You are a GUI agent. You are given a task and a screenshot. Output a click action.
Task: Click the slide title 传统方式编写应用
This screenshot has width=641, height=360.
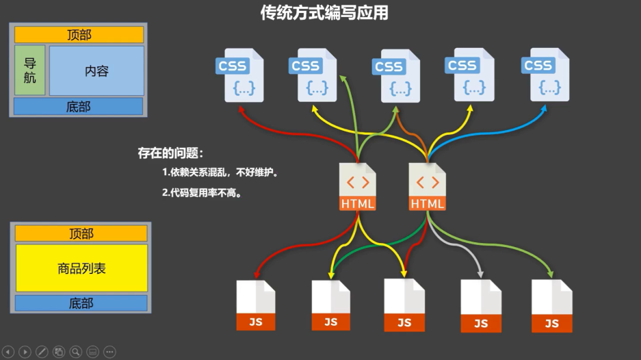coord(324,12)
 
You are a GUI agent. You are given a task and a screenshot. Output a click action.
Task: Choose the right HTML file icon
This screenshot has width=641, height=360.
coord(428,186)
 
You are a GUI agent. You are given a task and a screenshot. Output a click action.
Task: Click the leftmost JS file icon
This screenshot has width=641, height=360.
coord(255,305)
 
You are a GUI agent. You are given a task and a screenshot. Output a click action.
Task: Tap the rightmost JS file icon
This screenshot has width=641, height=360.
coord(551,306)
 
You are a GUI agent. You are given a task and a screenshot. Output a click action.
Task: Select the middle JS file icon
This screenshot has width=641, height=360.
coord(404,305)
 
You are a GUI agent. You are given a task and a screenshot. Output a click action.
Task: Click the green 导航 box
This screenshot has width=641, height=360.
coord(30,70)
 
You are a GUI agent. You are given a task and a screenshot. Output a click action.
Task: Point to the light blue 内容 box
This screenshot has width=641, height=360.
coord(96,70)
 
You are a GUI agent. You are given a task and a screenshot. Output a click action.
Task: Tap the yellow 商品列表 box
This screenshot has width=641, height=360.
coord(81,268)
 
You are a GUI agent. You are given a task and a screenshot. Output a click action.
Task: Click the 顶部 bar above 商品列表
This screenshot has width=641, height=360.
coord(81,233)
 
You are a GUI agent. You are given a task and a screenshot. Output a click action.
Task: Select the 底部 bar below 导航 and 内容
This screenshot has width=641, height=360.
coord(79,107)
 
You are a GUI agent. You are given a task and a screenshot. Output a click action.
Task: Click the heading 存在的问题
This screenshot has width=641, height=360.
coord(171,153)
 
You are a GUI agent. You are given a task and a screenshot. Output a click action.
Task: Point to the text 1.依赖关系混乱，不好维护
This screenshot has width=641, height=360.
coord(220,173)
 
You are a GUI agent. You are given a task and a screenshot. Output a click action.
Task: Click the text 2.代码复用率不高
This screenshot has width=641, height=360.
coord(203,193)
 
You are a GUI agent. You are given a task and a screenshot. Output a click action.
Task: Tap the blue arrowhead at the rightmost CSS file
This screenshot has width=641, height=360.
coord(547,107)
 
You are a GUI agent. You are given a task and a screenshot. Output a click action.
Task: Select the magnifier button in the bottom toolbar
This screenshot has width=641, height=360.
coord(75,352)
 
